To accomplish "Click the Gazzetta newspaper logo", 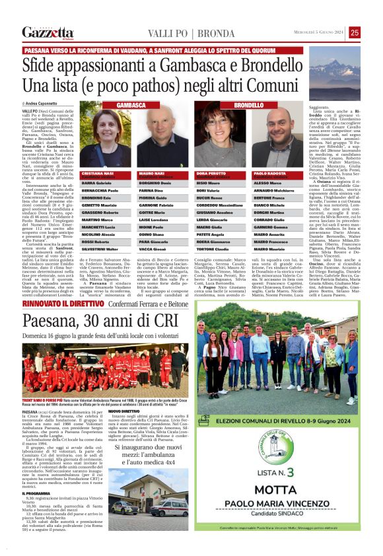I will click(x=48, y=32).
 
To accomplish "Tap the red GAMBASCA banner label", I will click(x=132, y=105).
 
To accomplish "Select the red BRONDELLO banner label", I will click(x=248, y=105).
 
